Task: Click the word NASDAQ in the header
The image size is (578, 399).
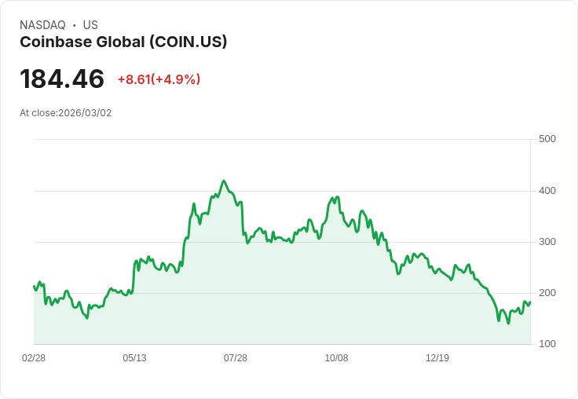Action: click(42, 25)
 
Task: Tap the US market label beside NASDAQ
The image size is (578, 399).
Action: click(90, 25)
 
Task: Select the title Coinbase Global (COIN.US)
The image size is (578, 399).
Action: click(123, 42)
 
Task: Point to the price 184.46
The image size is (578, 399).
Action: click(62, 79)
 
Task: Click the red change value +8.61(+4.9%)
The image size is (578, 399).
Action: click(159, 79)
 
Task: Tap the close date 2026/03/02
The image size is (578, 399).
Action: click(85, 113)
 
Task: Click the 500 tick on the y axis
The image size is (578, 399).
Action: click(547, 139)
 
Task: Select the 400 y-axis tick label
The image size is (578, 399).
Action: click(547, 191)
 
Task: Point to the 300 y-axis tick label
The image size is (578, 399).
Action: click(547, 242)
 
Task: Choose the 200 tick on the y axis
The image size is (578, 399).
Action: click(547, 293)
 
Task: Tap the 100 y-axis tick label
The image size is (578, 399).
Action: click(547, 344)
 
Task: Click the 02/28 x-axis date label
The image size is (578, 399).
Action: click(34, 358)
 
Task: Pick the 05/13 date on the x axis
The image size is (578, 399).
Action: click(134, 358)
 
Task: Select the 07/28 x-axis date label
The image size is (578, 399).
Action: click(236, 358)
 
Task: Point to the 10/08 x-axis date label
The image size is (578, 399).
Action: click(336, 358)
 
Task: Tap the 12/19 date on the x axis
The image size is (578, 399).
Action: click(437, 358)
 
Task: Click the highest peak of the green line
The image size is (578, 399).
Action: click(224, 181)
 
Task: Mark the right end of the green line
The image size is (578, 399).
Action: click(530, 302)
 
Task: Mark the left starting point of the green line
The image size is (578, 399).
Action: click(34, 286)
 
